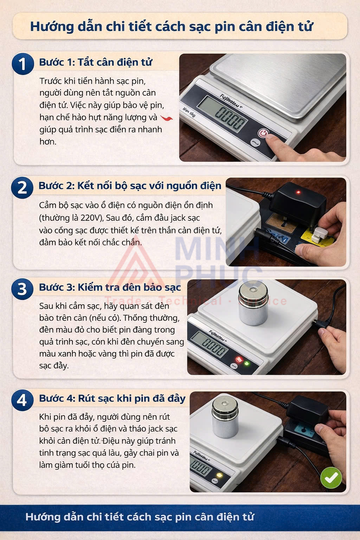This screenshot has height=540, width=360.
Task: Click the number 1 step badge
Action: coord(22,64)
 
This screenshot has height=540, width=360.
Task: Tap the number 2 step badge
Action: coord(22,187)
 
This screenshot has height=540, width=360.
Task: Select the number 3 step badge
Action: coord(22,289)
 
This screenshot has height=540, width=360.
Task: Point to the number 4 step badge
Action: coord(22,400)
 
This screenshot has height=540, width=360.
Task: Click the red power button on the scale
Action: coord(263,133)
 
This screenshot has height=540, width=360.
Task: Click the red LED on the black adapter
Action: coord(298,192)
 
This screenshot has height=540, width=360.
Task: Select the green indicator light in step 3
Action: coord(247,363)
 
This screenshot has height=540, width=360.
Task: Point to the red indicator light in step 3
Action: coord(239,360)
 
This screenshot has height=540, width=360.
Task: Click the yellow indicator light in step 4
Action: coord(220,475)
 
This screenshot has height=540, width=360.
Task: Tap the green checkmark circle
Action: coord(331,478)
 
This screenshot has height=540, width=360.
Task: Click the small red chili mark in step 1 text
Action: coord(166,118)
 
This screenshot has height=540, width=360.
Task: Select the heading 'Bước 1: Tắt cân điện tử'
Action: coord(96,62)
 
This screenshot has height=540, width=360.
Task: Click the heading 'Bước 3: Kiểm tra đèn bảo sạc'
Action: coord(110,287)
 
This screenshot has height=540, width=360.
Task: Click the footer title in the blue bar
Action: coord(140,517)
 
